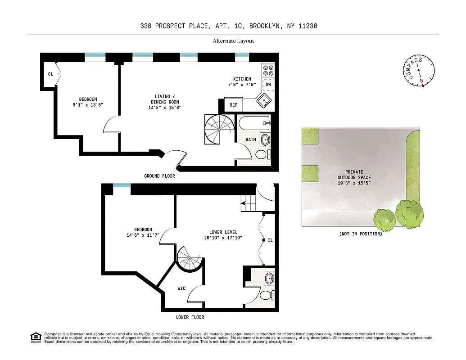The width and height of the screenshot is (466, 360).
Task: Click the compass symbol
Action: [418, 70]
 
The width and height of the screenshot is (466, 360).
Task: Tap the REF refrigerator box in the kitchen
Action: [233, 105]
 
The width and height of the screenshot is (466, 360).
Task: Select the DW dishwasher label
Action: [268, 84]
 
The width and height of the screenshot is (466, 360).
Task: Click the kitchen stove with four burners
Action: [268, 70]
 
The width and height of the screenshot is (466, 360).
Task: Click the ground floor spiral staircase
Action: [219, 130]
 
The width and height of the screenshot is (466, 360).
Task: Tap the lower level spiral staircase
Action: [189, 259]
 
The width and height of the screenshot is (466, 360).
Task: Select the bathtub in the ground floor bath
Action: [254, 123]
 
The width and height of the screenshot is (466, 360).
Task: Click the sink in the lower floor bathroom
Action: [269, 277]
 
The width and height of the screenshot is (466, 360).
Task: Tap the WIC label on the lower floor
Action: [181, 288]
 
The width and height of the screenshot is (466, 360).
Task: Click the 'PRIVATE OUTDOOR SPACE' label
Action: [354, 175]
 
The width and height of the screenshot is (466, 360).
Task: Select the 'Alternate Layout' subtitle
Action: [233, 41]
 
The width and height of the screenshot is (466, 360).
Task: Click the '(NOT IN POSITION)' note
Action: [361, 234]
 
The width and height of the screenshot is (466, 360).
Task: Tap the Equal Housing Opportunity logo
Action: [35, 337]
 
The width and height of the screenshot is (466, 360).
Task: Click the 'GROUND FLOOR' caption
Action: [159, 176]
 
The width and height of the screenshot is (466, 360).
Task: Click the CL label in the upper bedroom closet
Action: [51, 74]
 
